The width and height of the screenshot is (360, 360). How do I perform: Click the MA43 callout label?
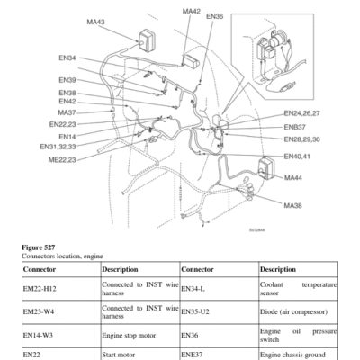95,22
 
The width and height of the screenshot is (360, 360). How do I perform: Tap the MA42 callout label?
192,11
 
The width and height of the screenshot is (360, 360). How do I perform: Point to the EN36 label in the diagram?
215,16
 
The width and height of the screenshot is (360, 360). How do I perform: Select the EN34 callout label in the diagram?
67,58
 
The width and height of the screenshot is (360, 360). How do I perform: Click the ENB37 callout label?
295,127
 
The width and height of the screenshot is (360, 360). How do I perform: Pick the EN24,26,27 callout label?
301,113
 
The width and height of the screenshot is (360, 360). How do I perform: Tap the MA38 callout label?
293,205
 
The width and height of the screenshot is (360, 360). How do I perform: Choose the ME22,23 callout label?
62,160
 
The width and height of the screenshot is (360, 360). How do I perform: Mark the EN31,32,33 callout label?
58,147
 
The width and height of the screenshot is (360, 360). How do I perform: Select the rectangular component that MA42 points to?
191,61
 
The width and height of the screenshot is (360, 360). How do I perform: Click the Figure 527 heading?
39,247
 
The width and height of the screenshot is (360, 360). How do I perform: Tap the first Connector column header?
40,269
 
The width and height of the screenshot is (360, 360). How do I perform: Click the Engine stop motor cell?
129,335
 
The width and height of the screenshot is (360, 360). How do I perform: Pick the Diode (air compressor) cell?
293,311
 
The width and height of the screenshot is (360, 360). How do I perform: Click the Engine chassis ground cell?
292,355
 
